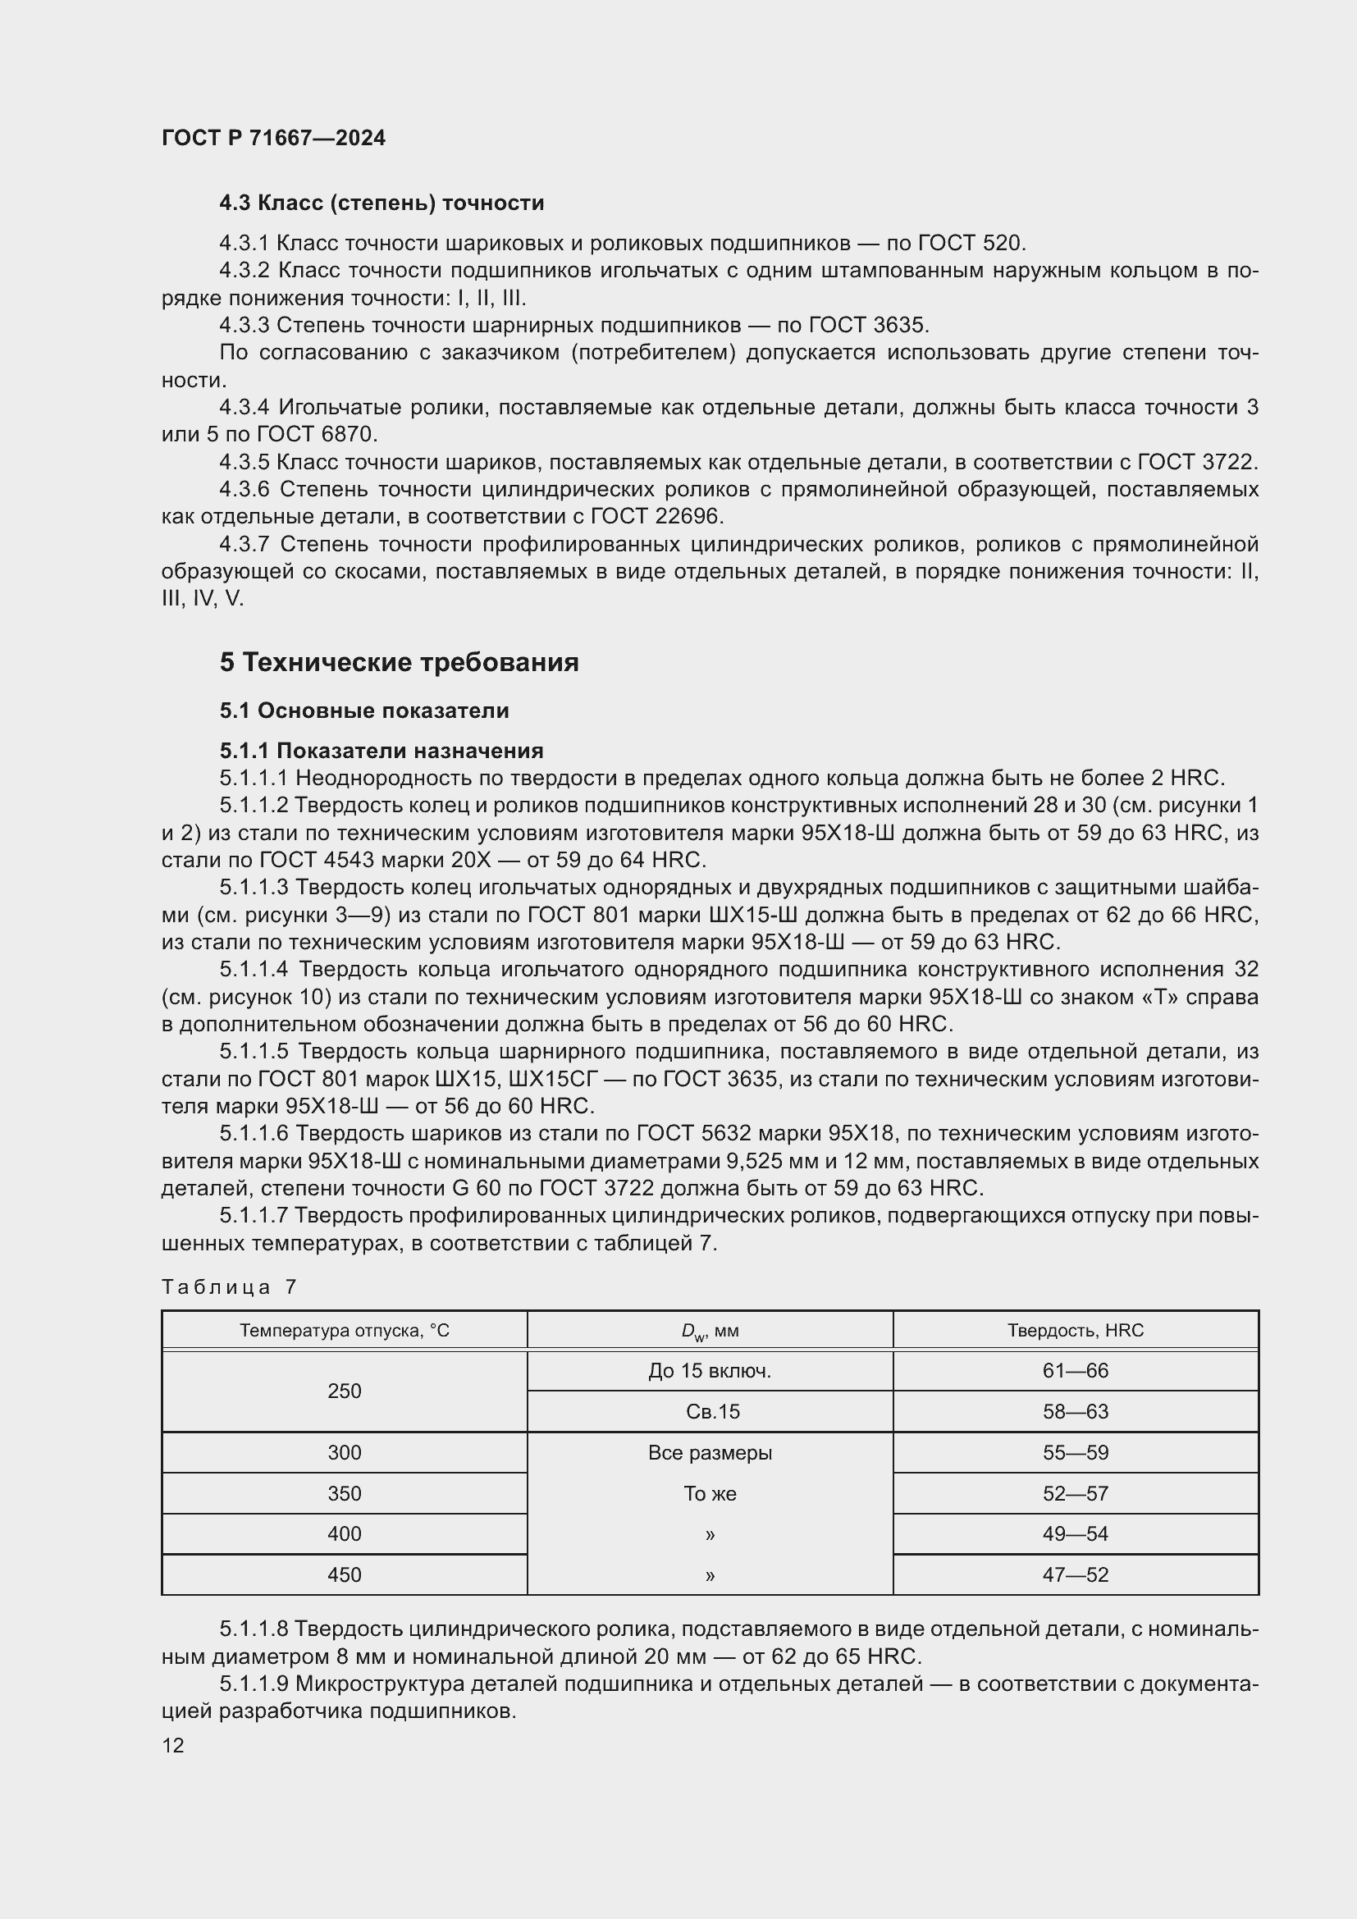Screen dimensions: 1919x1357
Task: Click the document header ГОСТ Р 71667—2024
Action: pyautogui.click(x=273, y=138)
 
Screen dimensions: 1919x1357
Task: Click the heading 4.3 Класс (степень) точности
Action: pyautogui.click(x=381, y=203)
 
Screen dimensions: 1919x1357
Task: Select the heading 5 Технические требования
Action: pyautogui.click(x=399, y=662)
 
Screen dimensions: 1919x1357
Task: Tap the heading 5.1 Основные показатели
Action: pyautogui.click(x=363, y=710)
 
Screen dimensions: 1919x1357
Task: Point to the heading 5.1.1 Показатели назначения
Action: pyautogui.click(x=381, y=751)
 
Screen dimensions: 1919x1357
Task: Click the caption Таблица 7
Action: pyautogui.click(x=229, y=1286)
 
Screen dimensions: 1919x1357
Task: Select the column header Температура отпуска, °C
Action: pyautogui.click(x=345, y=1330)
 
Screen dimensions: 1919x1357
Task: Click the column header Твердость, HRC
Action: pyautogui.click(x=1075, y=1330)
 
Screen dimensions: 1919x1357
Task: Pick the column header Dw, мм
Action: pyautogui.click(x=710, y=1331)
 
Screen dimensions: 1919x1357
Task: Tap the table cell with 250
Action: pyautogui.click(x=345, y=1391)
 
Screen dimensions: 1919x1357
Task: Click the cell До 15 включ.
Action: pyautogui.click(x=710, y=1371)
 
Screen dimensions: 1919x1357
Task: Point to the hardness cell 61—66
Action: pyautogui.click(x=1075, y=1371)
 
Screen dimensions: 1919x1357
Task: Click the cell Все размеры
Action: pyautogui.click(x=710, y=1453)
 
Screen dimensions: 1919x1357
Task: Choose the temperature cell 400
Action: pyautogui.click(x=345, y=1533)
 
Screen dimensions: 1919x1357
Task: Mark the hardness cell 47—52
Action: pyautogui.click(x=1075, y=1574)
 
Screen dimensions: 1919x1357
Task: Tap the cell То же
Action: pyautogui.click(x=710, y=1493)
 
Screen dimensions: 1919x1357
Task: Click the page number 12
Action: pyautogui.click(x=173, y=1745)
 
